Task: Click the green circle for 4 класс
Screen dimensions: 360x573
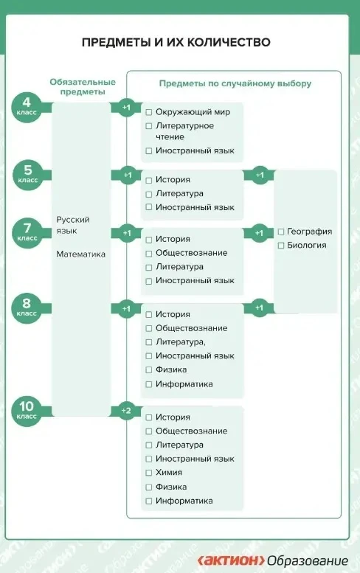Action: [x=27, y=107]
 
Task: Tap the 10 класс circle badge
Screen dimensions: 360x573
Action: [x=27, y=411]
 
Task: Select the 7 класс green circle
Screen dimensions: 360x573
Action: [x=27, y=233]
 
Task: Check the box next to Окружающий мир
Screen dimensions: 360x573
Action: [x=149, y=112]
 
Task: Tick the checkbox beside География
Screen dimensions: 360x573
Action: [x=281, y=232]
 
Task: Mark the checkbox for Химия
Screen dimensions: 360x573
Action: [x=149, y=473]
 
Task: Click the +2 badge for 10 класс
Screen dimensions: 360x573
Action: [x=126, y=411]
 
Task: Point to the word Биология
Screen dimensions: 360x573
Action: [x=307, y=246]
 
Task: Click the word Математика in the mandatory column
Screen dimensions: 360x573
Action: [x=80, y=254]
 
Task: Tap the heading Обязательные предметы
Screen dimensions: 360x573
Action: [x=83, y=86]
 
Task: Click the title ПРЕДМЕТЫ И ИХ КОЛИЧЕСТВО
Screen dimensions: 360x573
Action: [x=176, y=42]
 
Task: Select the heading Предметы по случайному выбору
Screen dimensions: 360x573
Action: [x=235, y=83]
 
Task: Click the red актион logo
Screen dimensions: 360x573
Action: [x=232, y=560]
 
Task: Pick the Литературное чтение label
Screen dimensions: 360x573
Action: [x=185, y=131]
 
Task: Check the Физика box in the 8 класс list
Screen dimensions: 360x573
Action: [x=149, y=370]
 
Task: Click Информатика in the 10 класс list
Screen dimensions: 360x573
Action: [x=184, y=501]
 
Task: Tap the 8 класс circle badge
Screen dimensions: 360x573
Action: [x=27, y=308]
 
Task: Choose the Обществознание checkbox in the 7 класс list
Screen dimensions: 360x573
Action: [x=149, y=254]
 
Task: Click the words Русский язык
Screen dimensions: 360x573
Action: [x=73, y=225]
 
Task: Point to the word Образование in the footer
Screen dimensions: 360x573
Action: [x=308, y=561]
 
